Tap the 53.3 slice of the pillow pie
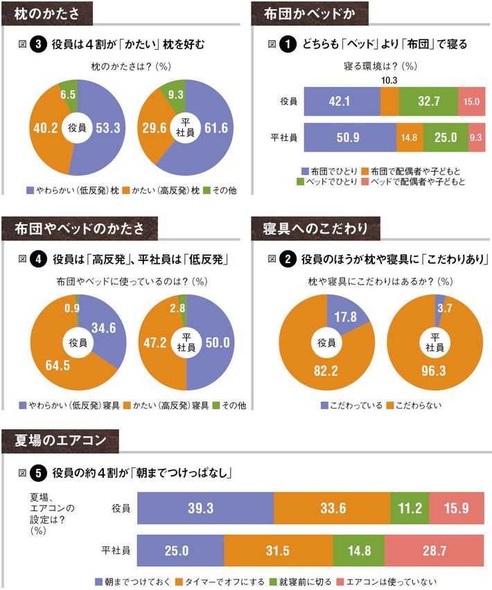pyautogui.click(x=107, y=128)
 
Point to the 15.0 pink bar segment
pyautogui.click(x=472, y=101)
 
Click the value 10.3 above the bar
pyautogui.click(x=389, y=81)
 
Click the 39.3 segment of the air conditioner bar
pyautogui.click(x=205, y=508)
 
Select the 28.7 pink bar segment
pyautogui.click(x=437, y=551)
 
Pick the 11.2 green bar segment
pyautogui.click(x=410, y=508)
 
